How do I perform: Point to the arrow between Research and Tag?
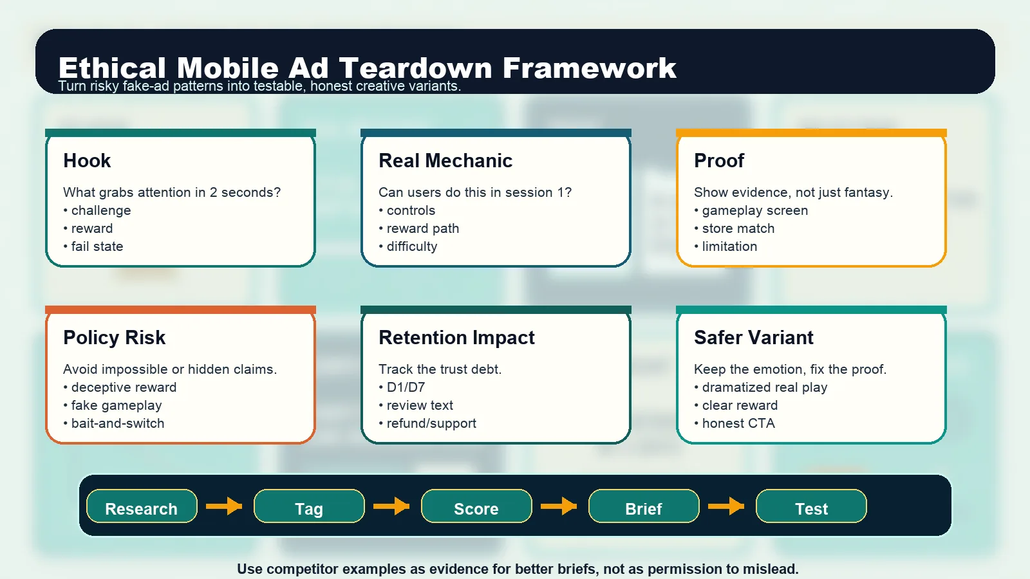click(224, 506)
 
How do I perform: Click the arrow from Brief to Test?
click(726, 506)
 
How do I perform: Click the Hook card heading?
click(87, 161)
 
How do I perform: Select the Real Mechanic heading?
click(445, 161)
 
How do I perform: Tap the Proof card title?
click(719, 161)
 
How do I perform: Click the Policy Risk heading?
click(115, 338)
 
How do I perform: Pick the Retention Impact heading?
click(456, 338)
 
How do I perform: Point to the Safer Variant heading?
click(754, 338)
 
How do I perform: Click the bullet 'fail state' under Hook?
click(97, 246)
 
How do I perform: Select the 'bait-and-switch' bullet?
click(117, 423)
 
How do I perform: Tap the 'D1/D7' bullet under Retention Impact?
click(406, 387)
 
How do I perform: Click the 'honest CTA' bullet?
click(738, 423)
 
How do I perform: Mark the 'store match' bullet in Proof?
click(738, 228)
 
